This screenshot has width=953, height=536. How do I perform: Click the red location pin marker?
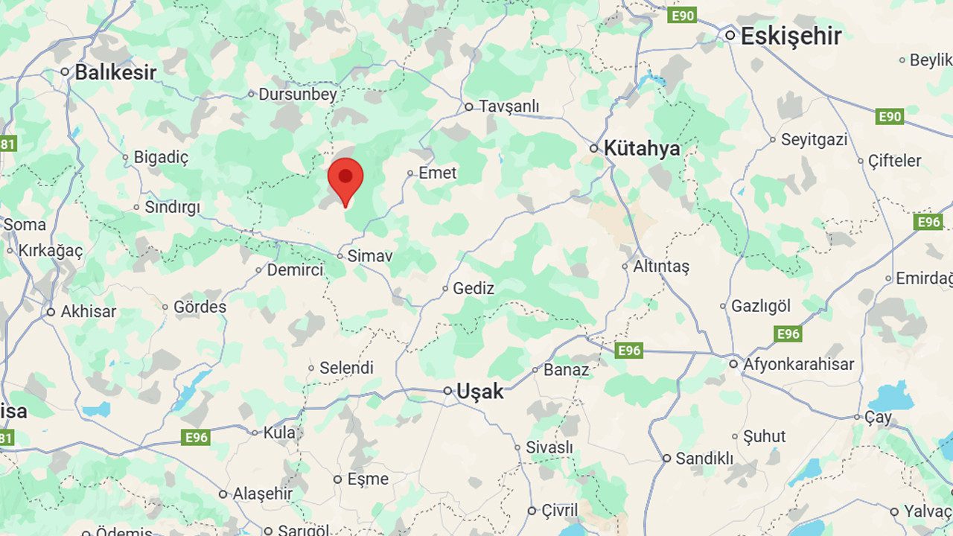[x=345, y=179]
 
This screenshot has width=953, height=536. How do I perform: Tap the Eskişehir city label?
[x=791, y=36]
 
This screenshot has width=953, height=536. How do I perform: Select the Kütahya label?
[x=642, y=148]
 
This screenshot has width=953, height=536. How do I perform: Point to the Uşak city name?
[x=479, y=391]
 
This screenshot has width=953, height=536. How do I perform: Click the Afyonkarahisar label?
[x=798, y=365]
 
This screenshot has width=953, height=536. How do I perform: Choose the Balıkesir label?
[x=115, y=72]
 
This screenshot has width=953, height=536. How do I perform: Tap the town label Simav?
[x=369, y=256]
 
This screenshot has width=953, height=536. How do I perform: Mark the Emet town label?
[x=437, y=173]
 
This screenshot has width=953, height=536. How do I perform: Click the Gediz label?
[x=473, y=288]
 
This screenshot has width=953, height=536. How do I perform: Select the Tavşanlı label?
[x=509, y=106]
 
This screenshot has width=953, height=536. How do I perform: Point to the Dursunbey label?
[x=298, y=95]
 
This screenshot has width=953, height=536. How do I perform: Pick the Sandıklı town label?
[x=704, y=459]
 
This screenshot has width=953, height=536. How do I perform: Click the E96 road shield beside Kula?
[x=195, y=437]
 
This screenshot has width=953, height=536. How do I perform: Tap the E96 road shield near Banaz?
[x=629, y=350]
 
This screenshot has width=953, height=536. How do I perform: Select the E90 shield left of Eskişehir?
[x=682, y=16]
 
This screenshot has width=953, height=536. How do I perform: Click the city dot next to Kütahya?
[x=594, y=148]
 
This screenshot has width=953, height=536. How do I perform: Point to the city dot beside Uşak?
[x=448, y=391]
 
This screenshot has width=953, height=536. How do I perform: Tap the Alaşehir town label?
[x=263, y=494]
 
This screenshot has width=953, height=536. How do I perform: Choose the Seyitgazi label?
[x=814, y=139]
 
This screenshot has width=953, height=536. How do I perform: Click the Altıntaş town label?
[x=661, y=266]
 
